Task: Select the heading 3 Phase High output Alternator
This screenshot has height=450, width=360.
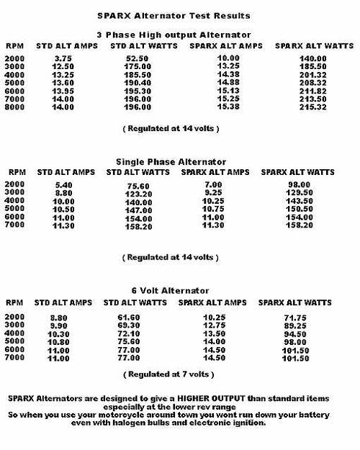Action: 174,35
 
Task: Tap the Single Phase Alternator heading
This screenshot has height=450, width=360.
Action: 171,162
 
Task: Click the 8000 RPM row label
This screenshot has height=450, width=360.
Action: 15,107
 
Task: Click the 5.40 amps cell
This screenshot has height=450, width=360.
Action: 64,185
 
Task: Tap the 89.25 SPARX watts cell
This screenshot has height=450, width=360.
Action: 292,325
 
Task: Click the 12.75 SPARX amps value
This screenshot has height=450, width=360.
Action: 215,325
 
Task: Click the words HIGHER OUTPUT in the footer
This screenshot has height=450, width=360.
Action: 210,398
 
